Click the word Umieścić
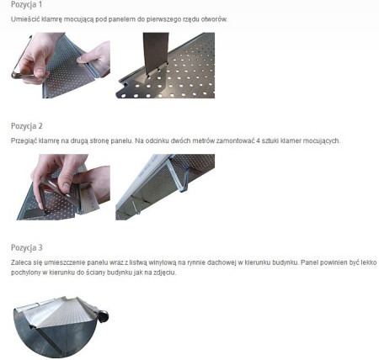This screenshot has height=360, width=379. (24, 19)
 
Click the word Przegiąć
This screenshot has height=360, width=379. (25, 140)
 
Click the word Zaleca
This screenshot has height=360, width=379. (21, 262)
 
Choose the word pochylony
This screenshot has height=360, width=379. (26, 273)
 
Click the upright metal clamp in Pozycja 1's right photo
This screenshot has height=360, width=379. (154, 54)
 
